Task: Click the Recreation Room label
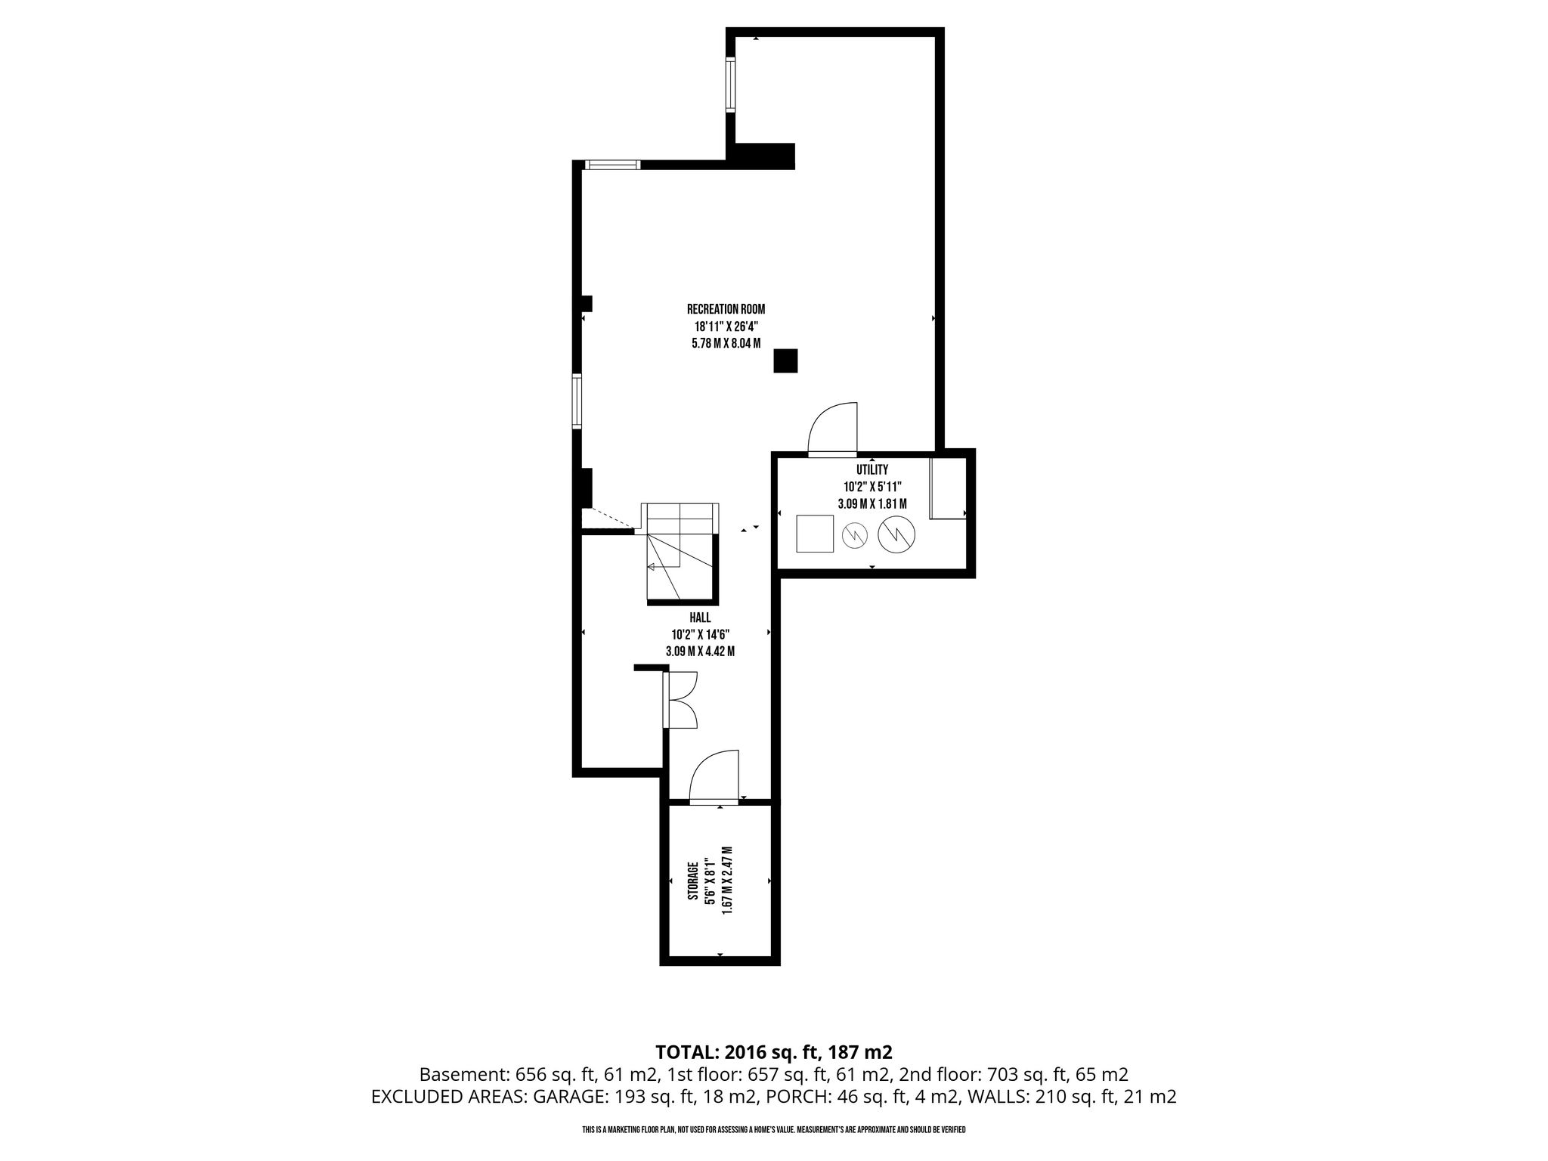point(726,308)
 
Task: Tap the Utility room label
point(872,470)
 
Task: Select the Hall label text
point(700,618)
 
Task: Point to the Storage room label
point(692,881)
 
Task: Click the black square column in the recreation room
point(785,361)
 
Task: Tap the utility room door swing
point(833,428)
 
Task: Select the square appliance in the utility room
point(816,534)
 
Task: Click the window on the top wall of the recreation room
point(613,165)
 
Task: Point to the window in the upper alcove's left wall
point(731,85)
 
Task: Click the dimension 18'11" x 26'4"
point(726,326)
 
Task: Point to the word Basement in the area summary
point(464,1074)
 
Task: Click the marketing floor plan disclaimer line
point(774,1130)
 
